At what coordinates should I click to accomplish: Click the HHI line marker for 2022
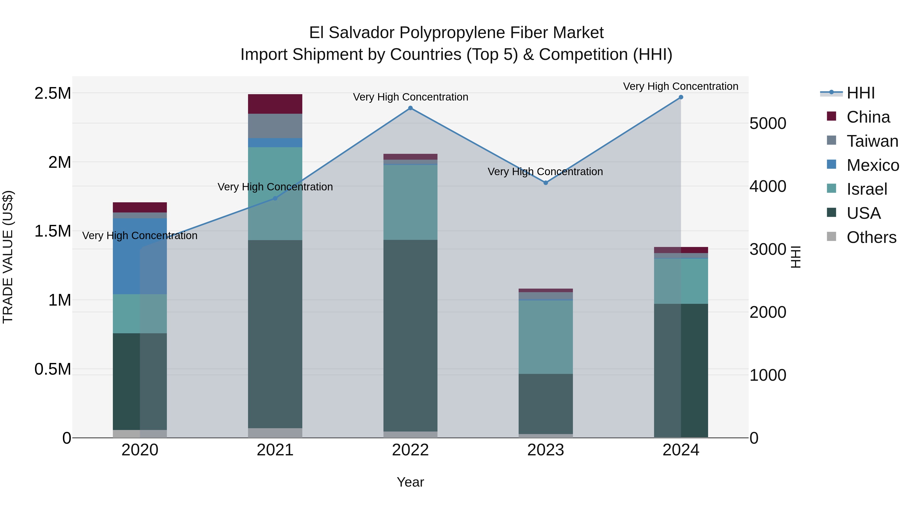410,108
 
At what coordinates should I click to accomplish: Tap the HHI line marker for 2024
681,97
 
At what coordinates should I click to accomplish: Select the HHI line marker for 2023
546,183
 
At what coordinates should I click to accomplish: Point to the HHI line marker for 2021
275,198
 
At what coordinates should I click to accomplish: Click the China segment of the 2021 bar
275,104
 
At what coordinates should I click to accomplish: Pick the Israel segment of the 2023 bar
546,337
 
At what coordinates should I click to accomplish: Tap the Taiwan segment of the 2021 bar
275,126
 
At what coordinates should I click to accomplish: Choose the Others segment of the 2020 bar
140,434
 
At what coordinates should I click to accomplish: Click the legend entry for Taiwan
872,141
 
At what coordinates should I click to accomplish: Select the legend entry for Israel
867,189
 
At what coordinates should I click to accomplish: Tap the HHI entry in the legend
861,93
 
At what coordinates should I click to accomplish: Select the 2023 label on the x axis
546,450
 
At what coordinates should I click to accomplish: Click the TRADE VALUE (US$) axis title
8,257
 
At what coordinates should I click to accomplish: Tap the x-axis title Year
410,482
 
